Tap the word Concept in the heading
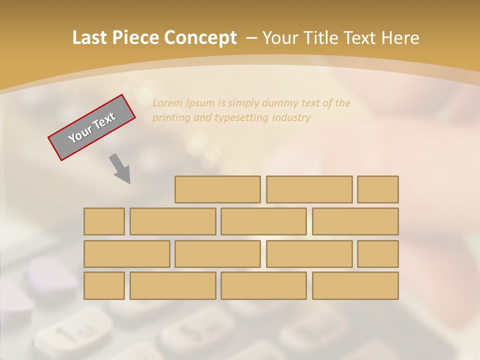click(x=200, y=38)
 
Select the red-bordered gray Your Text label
click(x=91, y=127)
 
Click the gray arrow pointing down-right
click(x=120, y=168)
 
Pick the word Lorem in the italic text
click(x=167, y=103)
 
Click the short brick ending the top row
click(x=378, y=189)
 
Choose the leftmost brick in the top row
click(x=217, y=189)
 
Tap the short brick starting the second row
click(x=104, y=221)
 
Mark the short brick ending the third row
click(x=378, y=254)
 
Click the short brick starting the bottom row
click(x=104, y=286)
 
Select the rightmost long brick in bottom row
click(x=355, y=286)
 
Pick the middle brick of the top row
click(x=309, y=189)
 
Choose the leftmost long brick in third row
click(x=126, y=254)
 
